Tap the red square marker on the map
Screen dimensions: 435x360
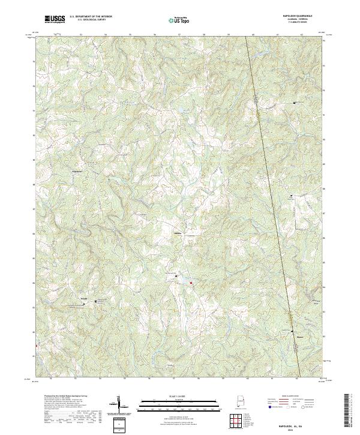[x=191, y=283]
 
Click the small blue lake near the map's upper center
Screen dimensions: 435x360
[x=178, y=110]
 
